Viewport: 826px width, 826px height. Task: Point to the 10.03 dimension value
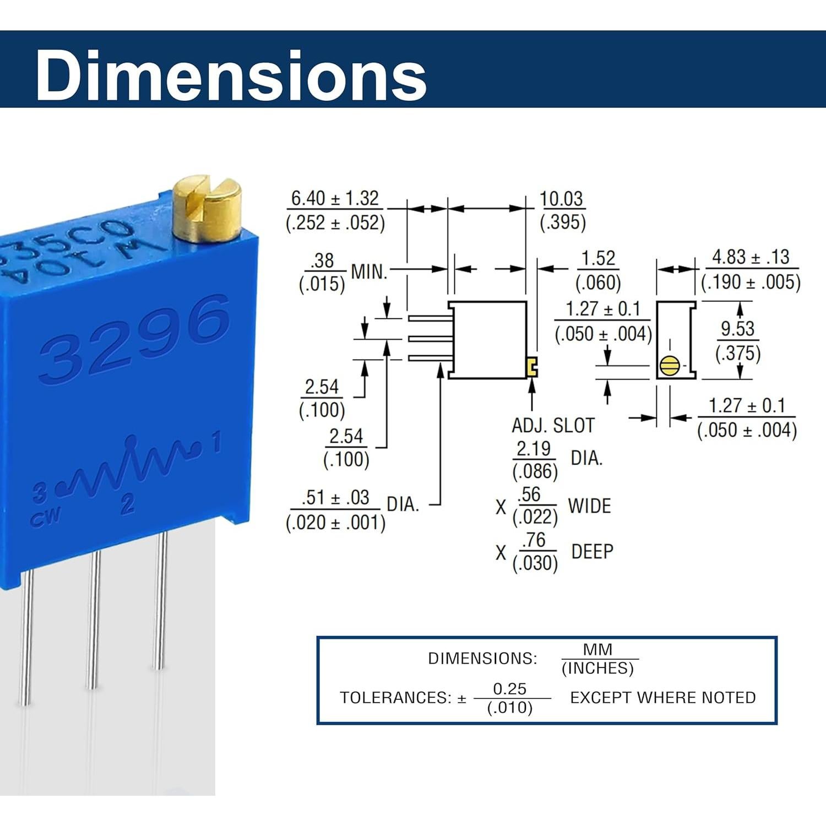coord(561,198)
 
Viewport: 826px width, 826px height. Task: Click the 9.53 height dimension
coord(737,328)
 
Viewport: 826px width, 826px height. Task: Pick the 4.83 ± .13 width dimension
coord(751,257)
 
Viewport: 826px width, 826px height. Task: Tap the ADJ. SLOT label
coord(553,426)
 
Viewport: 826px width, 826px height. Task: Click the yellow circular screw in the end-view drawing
coord(669,366)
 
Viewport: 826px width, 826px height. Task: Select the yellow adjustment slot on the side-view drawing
coord(532,367)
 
